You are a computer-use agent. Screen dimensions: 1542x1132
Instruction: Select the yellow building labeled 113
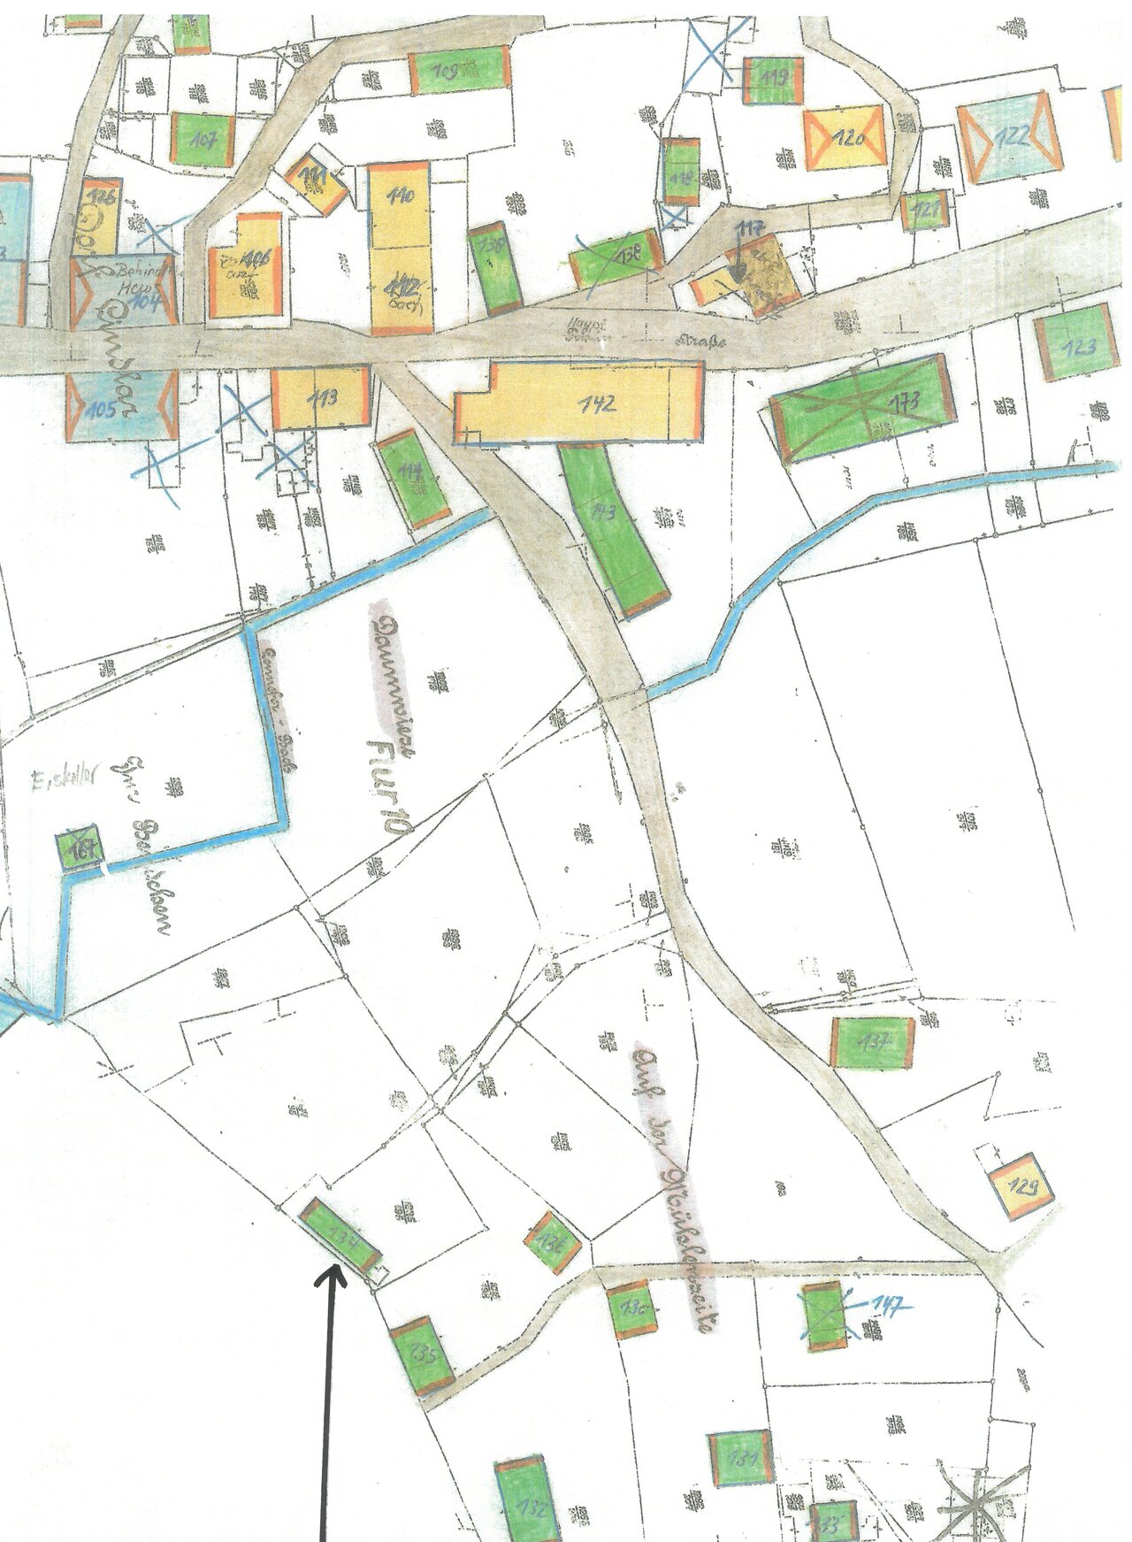(319, 397)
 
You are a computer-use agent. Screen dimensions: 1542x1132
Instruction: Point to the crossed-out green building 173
(862, 407)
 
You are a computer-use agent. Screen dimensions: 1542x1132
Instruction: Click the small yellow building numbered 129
(1022, 1185)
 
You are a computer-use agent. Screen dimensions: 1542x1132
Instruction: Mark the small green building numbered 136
(552, 1242)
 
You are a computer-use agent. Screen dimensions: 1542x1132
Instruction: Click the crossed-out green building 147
(824, 1316)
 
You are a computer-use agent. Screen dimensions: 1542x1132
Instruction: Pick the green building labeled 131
(741, 1459)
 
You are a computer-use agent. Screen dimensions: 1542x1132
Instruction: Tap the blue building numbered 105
(120, 406)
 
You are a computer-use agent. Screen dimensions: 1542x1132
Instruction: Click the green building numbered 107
(203, 139)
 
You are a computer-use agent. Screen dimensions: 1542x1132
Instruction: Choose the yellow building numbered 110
(399, 204)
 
